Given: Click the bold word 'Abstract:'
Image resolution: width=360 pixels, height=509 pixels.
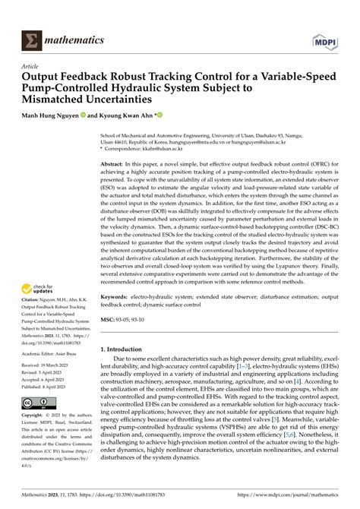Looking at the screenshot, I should point(112,164).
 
